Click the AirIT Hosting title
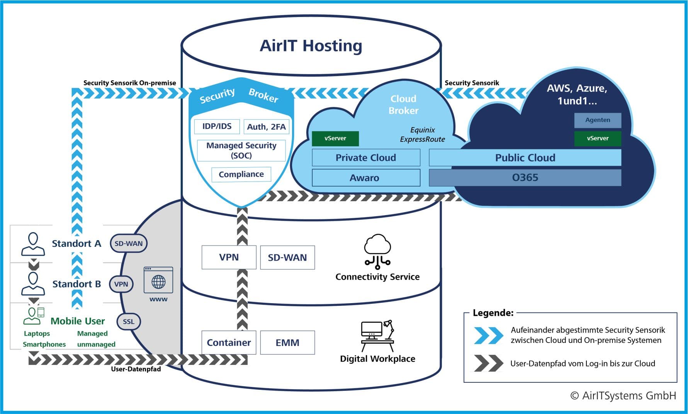point(311,46)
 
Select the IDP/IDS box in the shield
point(217,126)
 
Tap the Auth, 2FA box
point(266,127)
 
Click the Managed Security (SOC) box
point(241,150)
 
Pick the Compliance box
point(241,174)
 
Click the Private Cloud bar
point(366,158)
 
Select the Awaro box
point(366,178)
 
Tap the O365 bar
point(525,178)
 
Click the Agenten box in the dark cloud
point(598,120)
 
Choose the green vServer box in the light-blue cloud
point(335,138)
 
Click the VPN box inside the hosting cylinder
point(229,257)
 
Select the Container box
point(229,343)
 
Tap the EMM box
point(287,343)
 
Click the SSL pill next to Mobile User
point(129,321)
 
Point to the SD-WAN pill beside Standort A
point(129,243)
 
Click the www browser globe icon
point(158,280)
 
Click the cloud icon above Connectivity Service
point(377,251)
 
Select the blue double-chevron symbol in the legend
point(488,335)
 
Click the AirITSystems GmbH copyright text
point(623,395)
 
